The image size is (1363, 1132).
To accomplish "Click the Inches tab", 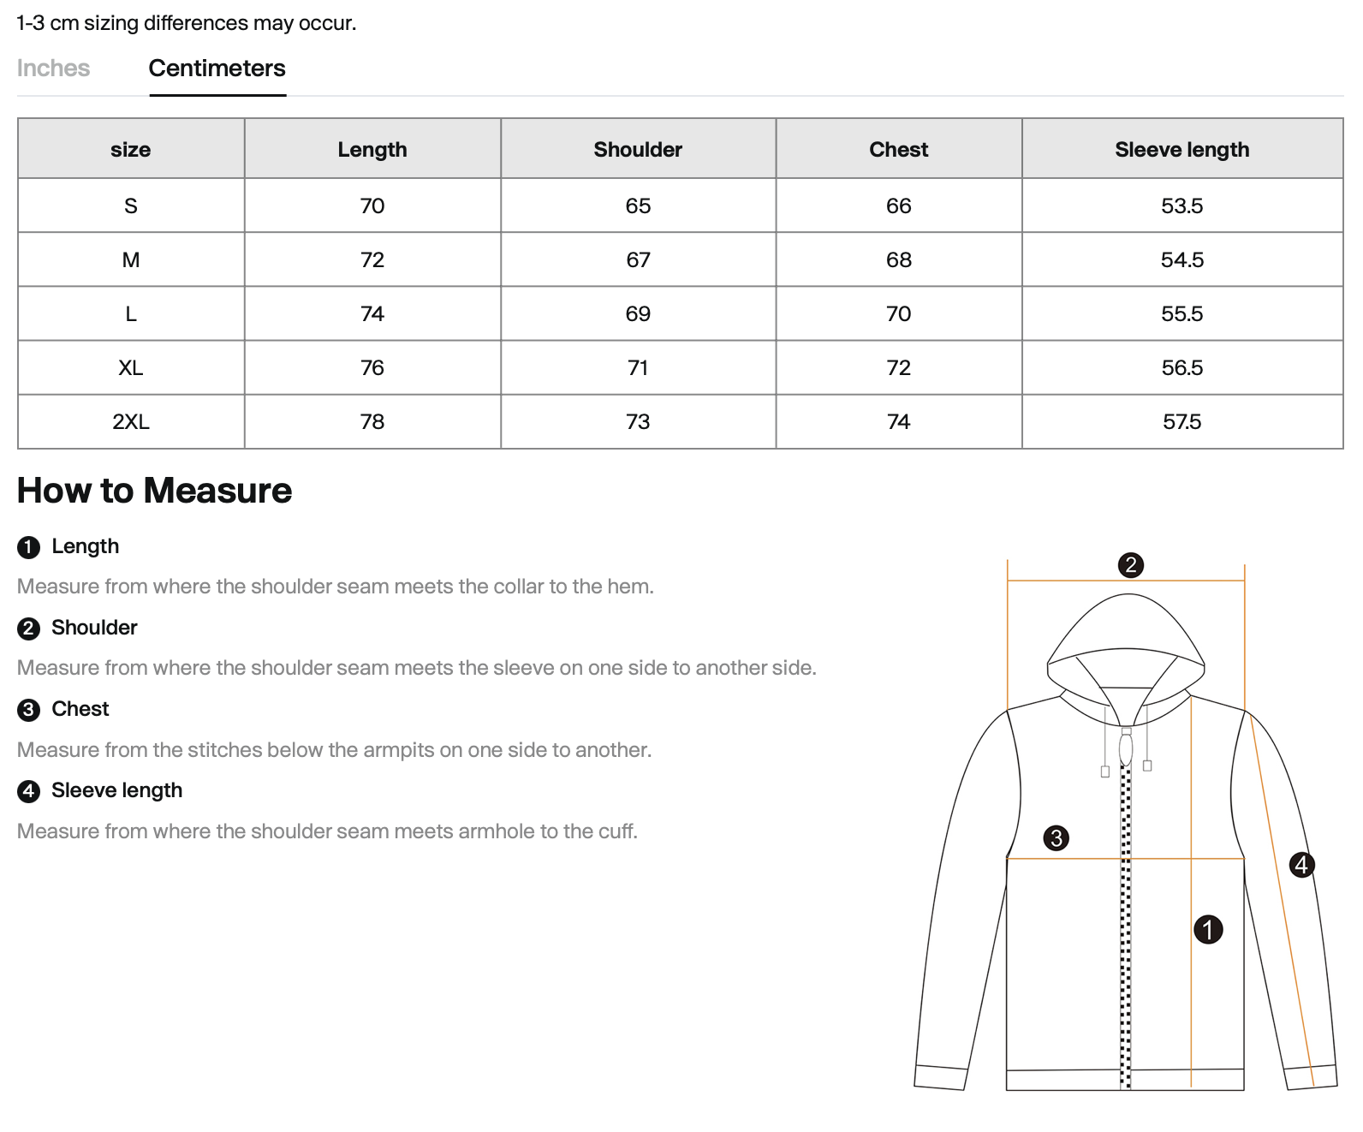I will click(53, 69).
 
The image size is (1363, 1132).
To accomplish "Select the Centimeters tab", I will click(217, 69).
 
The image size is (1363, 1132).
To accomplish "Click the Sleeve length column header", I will click(1181, 150).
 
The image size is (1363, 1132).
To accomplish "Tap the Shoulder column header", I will click(638, 150).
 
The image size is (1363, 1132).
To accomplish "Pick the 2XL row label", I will click(131, 422).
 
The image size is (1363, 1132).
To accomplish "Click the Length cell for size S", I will click(372, 206).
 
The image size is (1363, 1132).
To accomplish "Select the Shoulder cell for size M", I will click(638, 260).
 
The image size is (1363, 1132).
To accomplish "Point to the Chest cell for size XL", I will click(898, 368).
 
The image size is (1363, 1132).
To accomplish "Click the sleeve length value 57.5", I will click(1181, 422).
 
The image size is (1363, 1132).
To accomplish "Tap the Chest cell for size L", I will click(898, 314).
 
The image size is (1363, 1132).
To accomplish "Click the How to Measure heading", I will click(154, 491).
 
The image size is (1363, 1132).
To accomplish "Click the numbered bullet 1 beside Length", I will click(28, 548).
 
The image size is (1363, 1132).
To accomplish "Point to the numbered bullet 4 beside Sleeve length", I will click(28, 791).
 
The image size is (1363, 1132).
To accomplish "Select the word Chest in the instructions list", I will click(80, 709).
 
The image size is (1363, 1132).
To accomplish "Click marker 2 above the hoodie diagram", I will click(1130, 565).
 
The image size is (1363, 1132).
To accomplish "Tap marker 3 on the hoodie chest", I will click(1056, 837).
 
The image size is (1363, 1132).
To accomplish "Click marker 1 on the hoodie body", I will click(1207, 929).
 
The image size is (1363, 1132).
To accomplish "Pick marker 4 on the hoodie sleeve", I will click(1301, 865).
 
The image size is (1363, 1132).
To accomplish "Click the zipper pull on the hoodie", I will click(1126, 748).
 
